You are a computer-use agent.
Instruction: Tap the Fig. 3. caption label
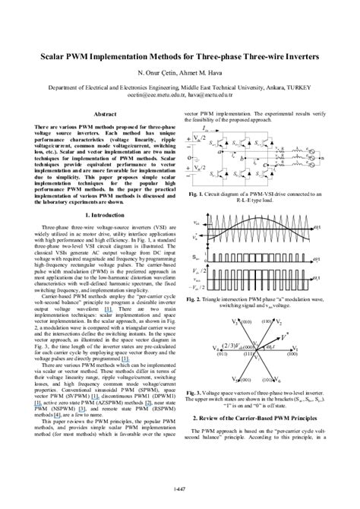(x=195, y=393)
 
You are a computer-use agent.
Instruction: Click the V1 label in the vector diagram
(x=295, y=349)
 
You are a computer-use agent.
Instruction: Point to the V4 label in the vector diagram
(x=216, y=349)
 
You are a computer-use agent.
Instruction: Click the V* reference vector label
(x=284, y=334)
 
